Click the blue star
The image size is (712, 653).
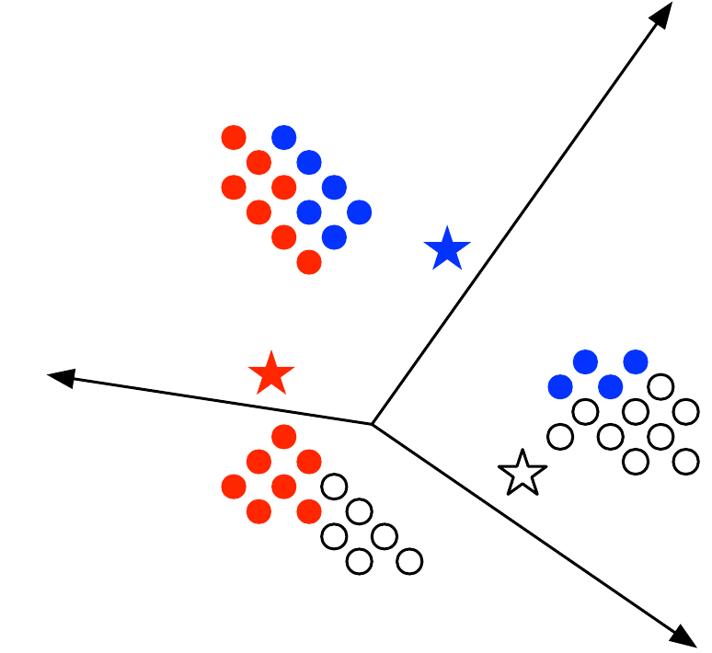[x=447, y=249]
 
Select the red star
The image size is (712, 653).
[x=271, y=374]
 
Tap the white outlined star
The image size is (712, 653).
[x=523, y=474]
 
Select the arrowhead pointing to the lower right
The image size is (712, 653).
[x=683, y=636]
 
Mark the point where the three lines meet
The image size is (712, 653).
[x=372, y=424]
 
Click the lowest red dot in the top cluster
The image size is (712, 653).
[x=309, y=262]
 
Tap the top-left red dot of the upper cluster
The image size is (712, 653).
[x=234, y=138]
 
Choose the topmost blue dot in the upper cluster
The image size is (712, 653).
[x=284, y=138]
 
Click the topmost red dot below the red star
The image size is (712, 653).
[x=284, y=436]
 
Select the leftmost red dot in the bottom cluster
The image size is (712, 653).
[x=234, y=486]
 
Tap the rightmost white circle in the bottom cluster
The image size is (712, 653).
[x=409, y=560]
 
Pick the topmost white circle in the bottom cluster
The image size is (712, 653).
[x=334, y=486]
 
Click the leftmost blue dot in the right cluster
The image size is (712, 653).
[x=560, y=386]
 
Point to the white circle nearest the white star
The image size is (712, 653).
[x=560, y=436]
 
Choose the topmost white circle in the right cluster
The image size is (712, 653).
[x=660, y=386]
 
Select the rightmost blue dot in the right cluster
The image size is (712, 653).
[x=636, y=361]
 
